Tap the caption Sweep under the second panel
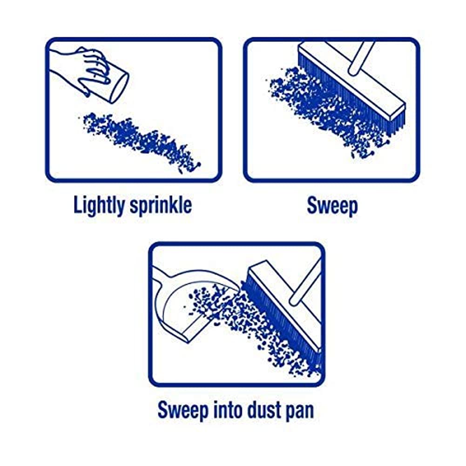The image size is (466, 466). [x=332, y=205]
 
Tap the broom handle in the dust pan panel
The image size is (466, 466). [x=307, y=284]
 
